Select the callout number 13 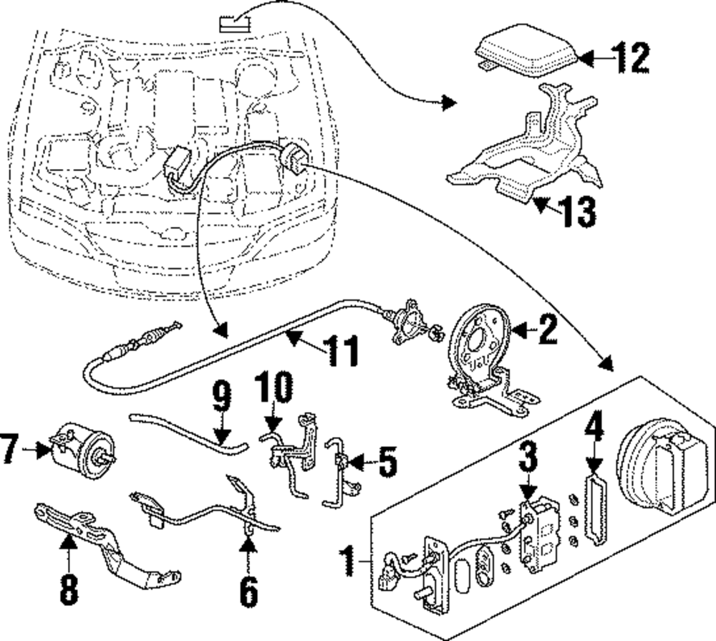(x=579, y=212)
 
